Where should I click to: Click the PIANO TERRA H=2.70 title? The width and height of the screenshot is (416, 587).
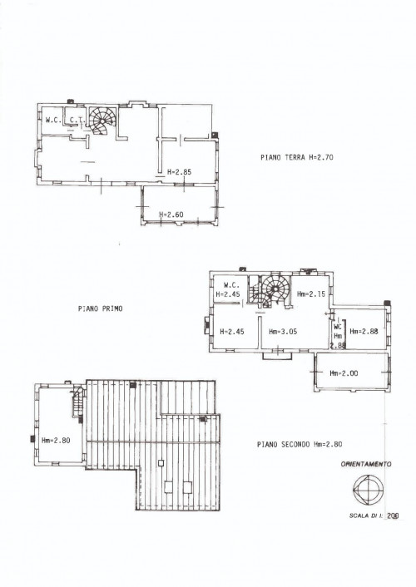pyautogui.click(x=297, y=157)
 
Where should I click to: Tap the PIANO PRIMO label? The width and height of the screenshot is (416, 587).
pyautogui.click(x=101, y=308)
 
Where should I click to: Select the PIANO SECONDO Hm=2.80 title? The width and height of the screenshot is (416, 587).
pyautogui.click(x=300, y=444)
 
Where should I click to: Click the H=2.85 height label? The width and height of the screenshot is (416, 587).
pyautogui.click(x=179, y=172)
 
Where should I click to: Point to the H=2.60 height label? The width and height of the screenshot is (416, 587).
pyautogui.click(x=171, y=215)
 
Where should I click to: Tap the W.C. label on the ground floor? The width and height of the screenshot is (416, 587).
pyautogui.click(x=53, y=121)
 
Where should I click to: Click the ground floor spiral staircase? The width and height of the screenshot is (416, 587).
pyautogui.click(x=102, y=121)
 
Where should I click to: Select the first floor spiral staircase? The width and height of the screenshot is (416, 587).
pyautogui.click(x=275, y=289)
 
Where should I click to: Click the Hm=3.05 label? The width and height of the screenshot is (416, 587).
pyautogui.click(x=283, y=331)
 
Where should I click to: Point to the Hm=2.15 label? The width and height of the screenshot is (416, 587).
pyautogui.click(x=311, y=293)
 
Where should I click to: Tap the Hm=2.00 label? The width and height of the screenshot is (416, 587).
pyautogui.click(x=344, y=373)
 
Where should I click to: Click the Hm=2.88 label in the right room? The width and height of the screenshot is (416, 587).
pyautogui.click(x=364, y=331)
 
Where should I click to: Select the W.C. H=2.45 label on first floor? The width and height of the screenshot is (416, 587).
pyautogui.click(x=229, y=289)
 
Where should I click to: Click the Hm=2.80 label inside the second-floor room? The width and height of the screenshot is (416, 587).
pyautogui.click(x=56, y=441)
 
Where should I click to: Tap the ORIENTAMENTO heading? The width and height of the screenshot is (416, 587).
pyautogui.click(x=366, y=464)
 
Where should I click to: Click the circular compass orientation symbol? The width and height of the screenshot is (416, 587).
pyautogui.click(x=369, y=489)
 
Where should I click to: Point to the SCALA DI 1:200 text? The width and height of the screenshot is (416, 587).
pyautogui.click(x=374, y=515)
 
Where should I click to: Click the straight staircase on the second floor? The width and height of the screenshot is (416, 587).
pyautogui.click(x=77, y=402)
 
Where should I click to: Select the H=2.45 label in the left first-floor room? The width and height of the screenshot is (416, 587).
pyautogui.click(x=232, y=331)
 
